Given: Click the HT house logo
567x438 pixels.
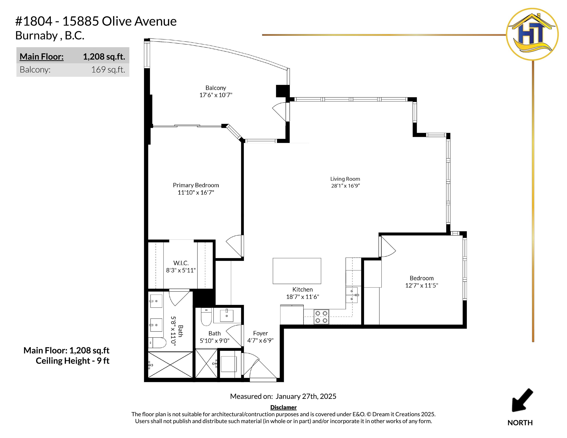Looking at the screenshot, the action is pyautogui.click(x=532, y=34).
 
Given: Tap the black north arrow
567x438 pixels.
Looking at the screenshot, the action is pyautogui.click(x=522, y=400).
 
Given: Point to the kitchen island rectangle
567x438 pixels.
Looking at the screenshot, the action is pyautogui.click(x=297, y=271).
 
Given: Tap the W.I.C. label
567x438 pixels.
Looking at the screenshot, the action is pyautogui.click(x=181, y=263).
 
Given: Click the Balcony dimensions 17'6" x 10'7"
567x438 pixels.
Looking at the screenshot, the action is pyautogui.click(x=216, y=95).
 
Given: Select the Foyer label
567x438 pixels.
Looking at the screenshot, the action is pyautogui.click(x=260, y=333).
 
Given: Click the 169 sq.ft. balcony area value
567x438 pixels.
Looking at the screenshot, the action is pyautogui.click(x=108, y=70).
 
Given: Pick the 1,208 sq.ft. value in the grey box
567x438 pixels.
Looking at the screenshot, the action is pyautogui.click(x=104, y=57).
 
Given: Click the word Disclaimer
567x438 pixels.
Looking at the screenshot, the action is pyautogui.click(x=283, y=407).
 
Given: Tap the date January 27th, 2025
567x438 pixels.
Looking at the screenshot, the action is pyautogui.click(x=306, y=396).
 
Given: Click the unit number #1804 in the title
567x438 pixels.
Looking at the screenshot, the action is pyautogui.click(x=34, y=21).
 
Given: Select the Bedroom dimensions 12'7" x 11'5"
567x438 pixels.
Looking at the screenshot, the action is pyautogui.click(x=422, y=285).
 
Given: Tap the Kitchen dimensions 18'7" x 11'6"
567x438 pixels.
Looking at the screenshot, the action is pyautogui.click(x=302, y=297).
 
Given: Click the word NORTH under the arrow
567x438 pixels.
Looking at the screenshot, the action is pyautogui.click(x=520, y=423).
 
